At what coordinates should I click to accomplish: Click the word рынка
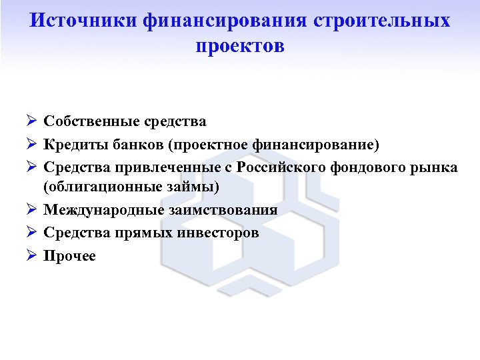433,167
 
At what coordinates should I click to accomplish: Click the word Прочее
70,255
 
